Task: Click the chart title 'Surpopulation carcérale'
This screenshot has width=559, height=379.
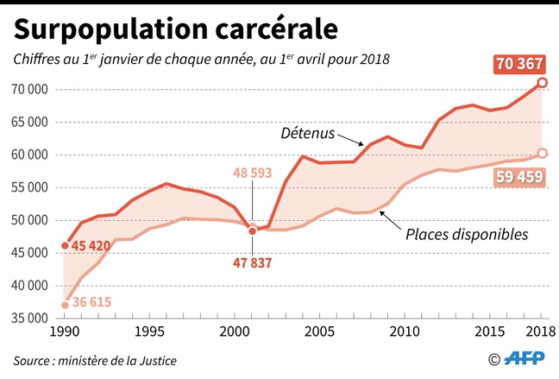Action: pyautogui.click(x=176, y=29)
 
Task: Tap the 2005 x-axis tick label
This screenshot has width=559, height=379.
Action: pyautogui.click(x=320, y=332)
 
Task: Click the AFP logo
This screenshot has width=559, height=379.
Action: pyautogui.click(x=528, y=359)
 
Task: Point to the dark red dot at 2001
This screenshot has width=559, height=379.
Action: pyautogui.click(x=252, y=231)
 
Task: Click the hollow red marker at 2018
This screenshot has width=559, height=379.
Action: pyautogui.click(x=542, y=83)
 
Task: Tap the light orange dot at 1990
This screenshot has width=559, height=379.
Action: pyautogui.click(x=65, y=305)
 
